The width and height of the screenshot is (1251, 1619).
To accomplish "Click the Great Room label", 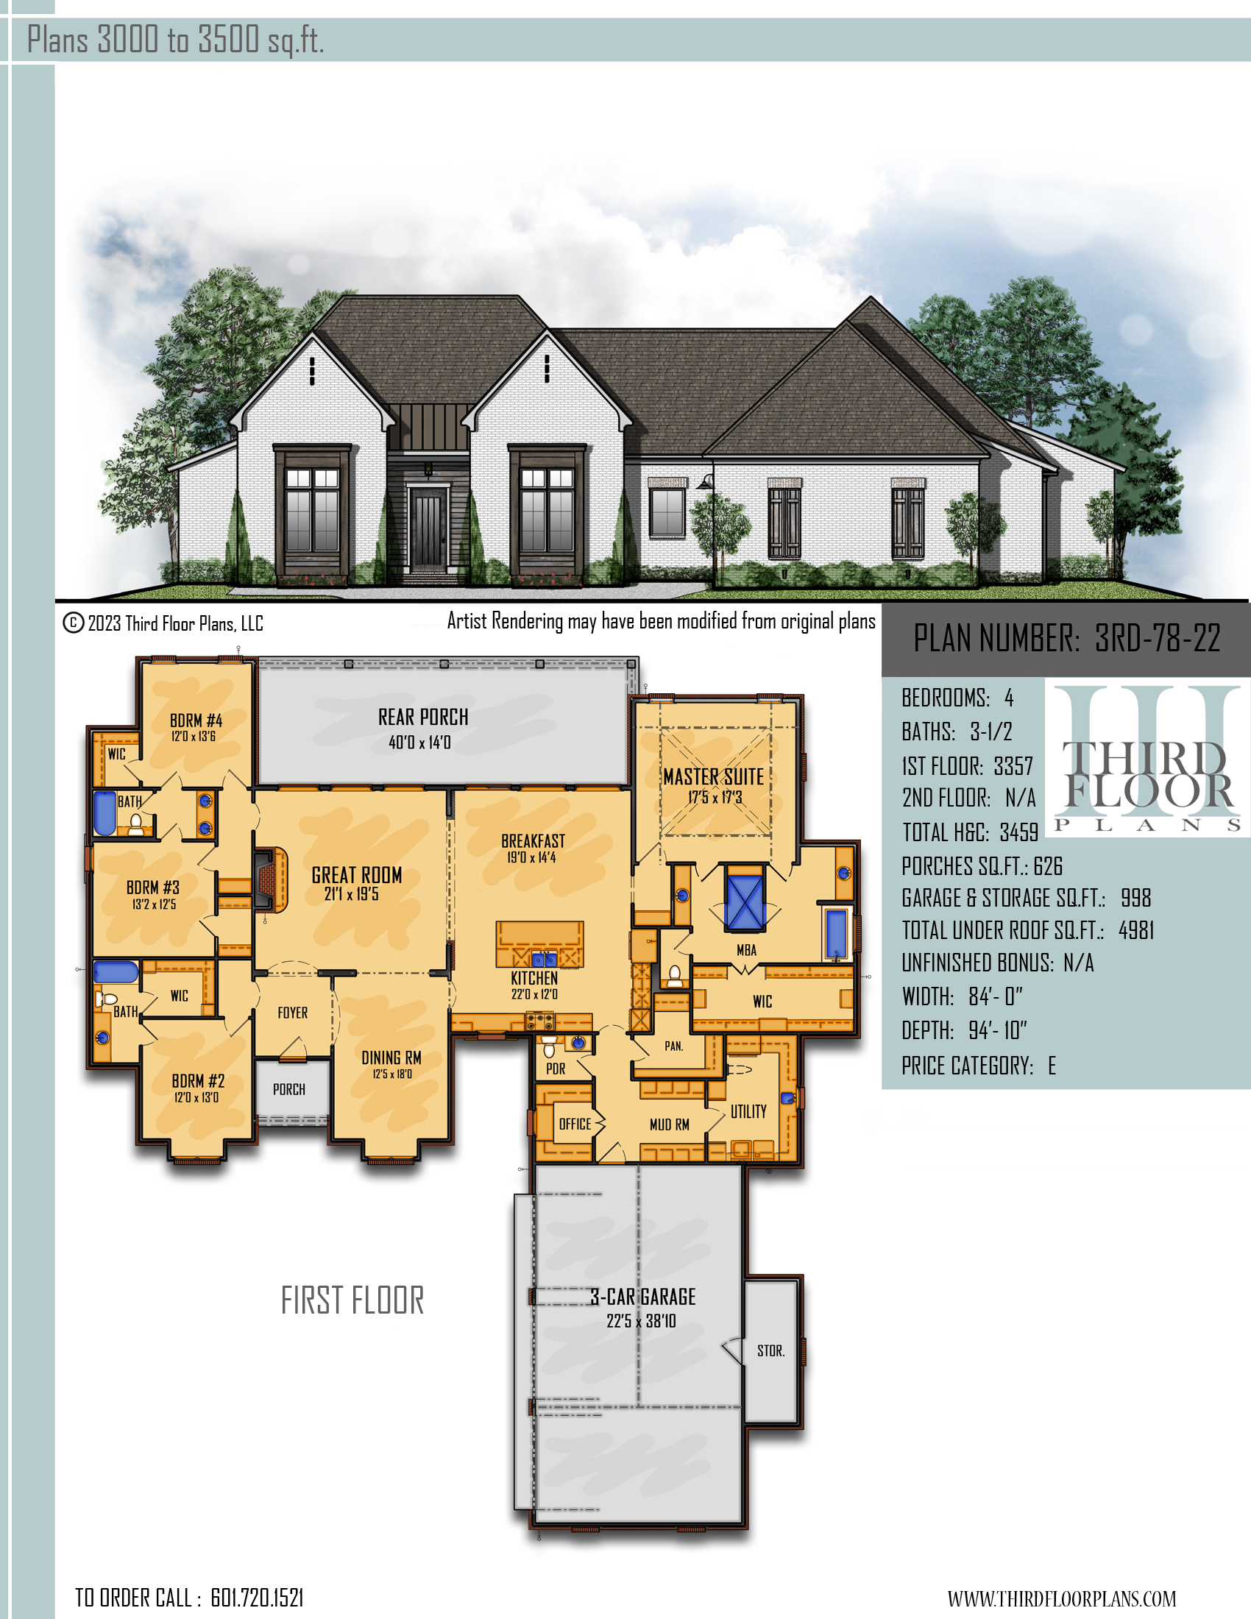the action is click(x=356, y=876).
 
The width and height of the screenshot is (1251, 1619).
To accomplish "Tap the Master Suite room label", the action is click(x=713, y=777).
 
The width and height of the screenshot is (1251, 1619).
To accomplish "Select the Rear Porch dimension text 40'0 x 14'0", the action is click(x=419, y=742).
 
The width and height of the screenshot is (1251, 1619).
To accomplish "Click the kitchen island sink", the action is click(x=544, y=959).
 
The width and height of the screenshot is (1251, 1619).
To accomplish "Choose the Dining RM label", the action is click(x=391, y=1058).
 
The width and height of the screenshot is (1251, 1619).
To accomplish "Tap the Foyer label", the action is click(x=293, y=1013).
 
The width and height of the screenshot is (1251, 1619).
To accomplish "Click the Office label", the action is click(x=575, y=1124).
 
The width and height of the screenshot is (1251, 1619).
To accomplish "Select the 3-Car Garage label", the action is click(x=642, y=1297).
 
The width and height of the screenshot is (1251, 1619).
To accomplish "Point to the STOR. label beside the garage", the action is click(x=770, y=1350).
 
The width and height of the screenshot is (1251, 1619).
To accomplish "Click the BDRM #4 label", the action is click(x=196, y=720).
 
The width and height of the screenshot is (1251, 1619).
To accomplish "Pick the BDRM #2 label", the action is click(x=198, y=1082).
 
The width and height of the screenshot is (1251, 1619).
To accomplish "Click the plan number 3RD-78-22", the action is click(x=1158, y=638).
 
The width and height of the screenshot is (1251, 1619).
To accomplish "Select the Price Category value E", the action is click(x=1052, y=1066).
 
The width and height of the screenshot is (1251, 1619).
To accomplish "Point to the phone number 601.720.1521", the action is click(x=257, y=1598).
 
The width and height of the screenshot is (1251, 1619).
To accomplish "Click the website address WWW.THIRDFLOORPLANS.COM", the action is click(x=1061, y=1598).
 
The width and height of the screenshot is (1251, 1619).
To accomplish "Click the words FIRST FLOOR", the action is click(x=352, y=1300).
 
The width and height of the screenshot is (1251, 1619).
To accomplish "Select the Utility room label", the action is click(x=748, y=1111).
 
